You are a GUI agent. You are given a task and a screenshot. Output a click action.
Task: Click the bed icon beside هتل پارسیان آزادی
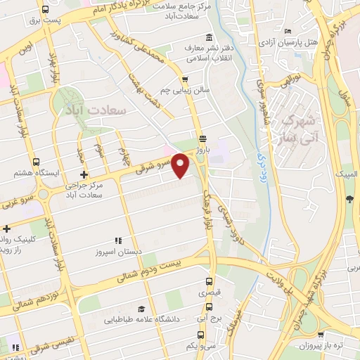coord(287,32)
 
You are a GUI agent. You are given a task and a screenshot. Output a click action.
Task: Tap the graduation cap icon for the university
coord(141,309)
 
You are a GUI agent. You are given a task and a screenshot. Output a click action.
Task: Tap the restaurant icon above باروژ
coord(202,138)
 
